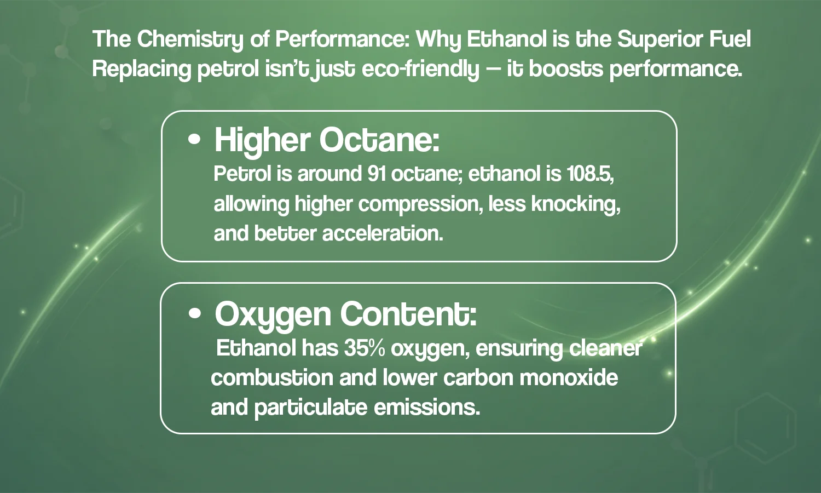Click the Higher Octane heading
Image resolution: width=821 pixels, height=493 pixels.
coord(327,140)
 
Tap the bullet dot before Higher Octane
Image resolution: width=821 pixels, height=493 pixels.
coord(194,139)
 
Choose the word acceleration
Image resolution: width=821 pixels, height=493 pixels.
coord(382,233)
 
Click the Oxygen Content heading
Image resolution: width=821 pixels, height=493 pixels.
coord(345,314)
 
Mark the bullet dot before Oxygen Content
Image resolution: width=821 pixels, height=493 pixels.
coord(194,314)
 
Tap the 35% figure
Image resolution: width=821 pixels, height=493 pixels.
coord(365,348)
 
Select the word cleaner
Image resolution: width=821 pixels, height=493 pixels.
coord(605,348)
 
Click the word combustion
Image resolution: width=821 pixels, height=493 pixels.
coord(271,378)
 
